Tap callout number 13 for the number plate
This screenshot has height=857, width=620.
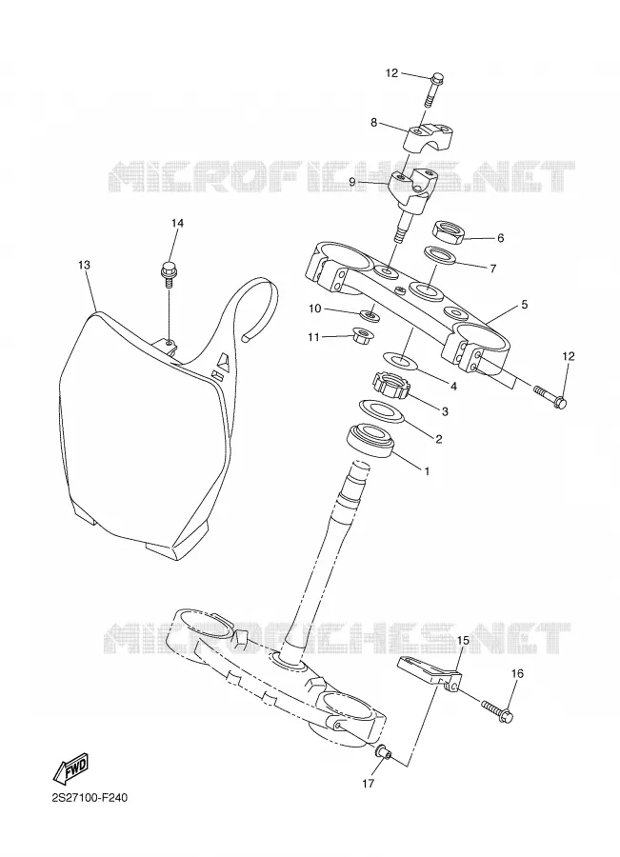(84, 265)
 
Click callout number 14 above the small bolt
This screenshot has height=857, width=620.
(176, 223)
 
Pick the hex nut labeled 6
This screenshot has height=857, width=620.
(449, 231)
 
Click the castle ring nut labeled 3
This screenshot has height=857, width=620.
(391, 385)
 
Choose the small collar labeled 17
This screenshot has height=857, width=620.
(383, 751)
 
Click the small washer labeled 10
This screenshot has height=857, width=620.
(370, 315)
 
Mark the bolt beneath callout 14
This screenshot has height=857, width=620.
(169, 274)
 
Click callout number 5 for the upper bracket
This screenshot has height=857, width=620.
(525, 304)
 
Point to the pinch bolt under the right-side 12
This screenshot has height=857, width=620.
(550, 397)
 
